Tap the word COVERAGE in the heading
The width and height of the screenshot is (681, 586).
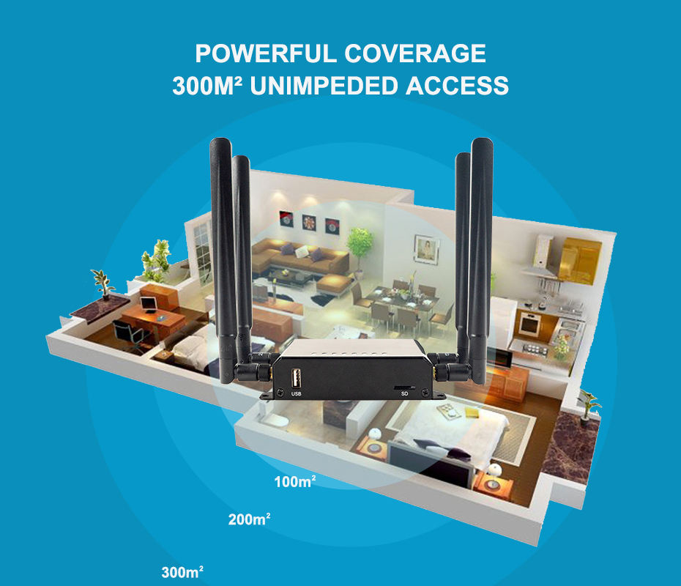tap(415, 54)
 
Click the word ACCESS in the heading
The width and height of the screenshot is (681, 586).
tap(457, 86)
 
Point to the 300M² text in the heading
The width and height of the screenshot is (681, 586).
tap(208, 86)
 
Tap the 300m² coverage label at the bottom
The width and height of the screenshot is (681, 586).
tap(182, 572)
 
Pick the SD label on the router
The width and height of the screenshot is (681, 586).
tap(404, 393)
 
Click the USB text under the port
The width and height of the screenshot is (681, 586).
tap(297, 394)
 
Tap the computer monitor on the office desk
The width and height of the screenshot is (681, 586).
tap(148, 303)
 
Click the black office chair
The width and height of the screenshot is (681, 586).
tap(125, 333)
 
